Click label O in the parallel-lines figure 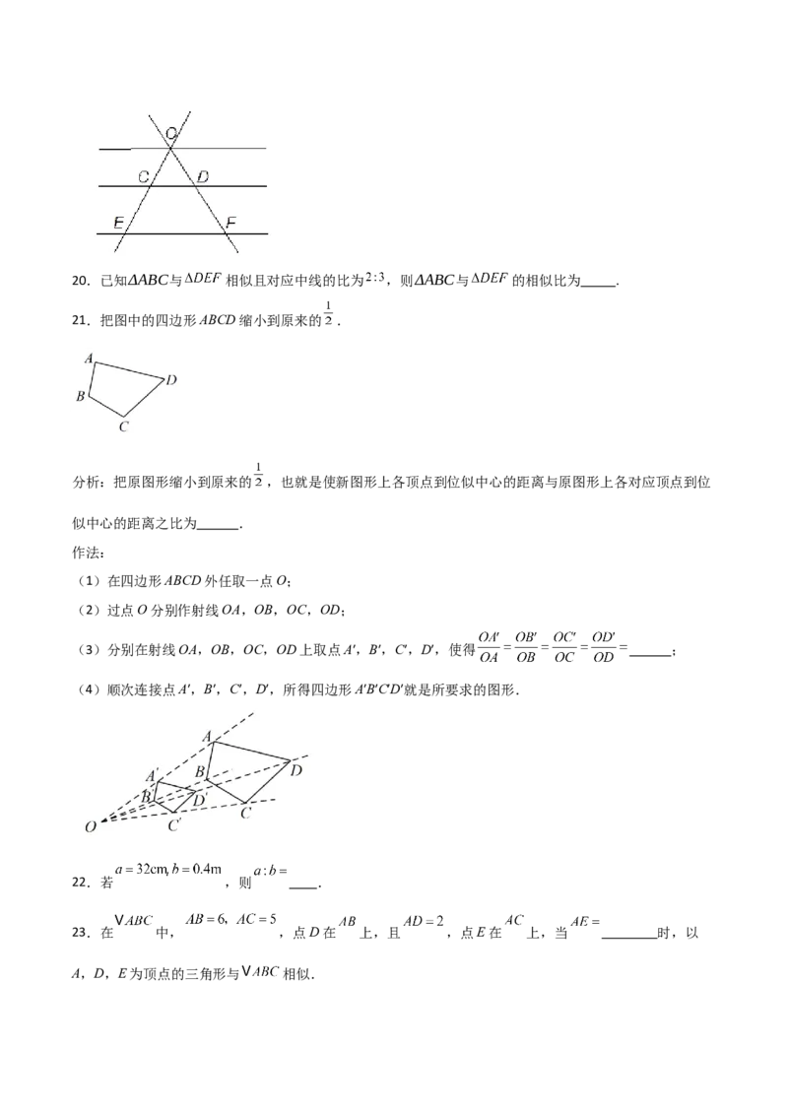(x=171, y=132)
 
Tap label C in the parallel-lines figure (x=144, y=177)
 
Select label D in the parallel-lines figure (x=202, y=177)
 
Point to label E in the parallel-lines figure (x=118, y=223)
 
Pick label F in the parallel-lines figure (x=230, y=223)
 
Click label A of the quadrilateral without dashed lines (x=89, y=360)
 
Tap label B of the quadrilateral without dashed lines (x=81, y=396)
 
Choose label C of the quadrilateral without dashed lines (x=122, y=426)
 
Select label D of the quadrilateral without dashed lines (x=170, y=379)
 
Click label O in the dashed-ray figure (x=90, y=827)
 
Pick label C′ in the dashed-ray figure (x=174, y=824)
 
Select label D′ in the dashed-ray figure (x=199, y=800)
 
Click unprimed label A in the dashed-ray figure (x=207, y=735)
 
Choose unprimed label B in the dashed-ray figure (x=199, y=770)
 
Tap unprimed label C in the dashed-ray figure (x=245, y=813)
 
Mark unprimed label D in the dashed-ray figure (x=295, y=770)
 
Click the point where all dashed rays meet (x=101, y=820)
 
